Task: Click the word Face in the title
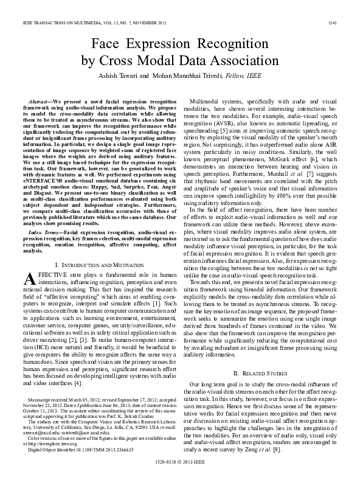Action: [x=108, y=44]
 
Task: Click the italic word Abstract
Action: [x=40, y=99]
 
